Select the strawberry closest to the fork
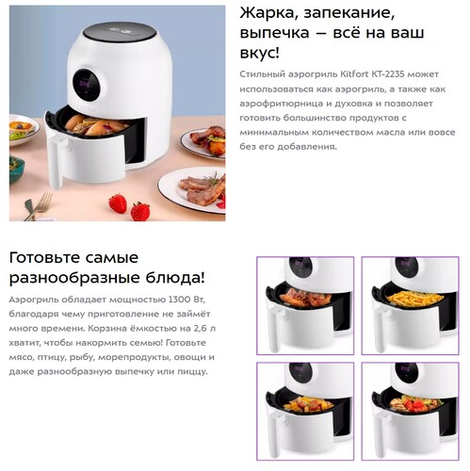coord(117,203)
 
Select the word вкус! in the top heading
coord(262,55)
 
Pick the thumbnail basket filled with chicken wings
coord(305,299)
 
